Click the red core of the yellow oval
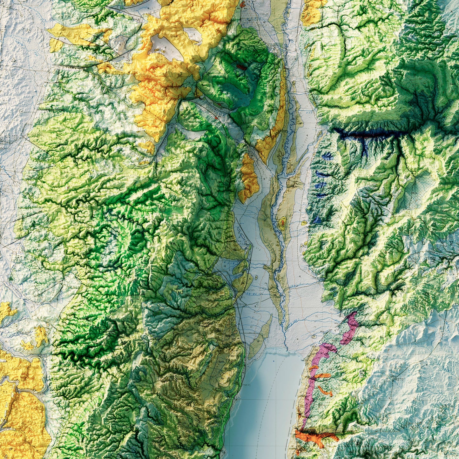[282, 223]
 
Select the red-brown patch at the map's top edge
[243, 4]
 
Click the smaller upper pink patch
[350, 327]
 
